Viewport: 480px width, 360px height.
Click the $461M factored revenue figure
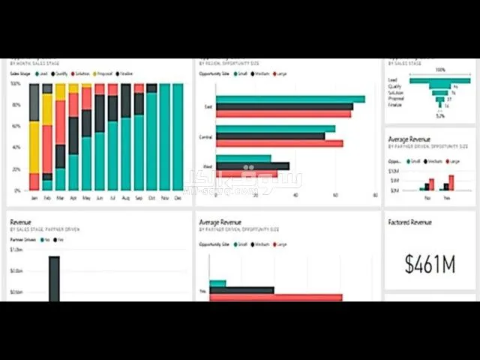pyautogui.click(x=430, y=263)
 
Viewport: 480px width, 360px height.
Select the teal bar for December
pyautogui.click(x=178, y=136)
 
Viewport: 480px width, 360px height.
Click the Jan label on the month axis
pyautogui.click(x=34, y=198)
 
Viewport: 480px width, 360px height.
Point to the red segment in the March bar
pyautogui.click(x=60, y=122)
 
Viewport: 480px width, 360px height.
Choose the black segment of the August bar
pyautogui.click(x=126, y=102)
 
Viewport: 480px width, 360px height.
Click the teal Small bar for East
pyautogui.click(x=289, y=99)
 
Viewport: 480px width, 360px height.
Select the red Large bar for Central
pyautogui.click(x=278, y=143)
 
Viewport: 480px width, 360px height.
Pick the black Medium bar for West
pyautogui.click(x=252, y=166)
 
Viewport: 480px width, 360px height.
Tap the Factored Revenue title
pyautogui.click(x=409, y=222)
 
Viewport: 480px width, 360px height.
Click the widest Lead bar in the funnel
pyautogui.click(x=439, y=79)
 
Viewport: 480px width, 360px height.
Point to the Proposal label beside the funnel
pyautogui.click(x=394, y=98)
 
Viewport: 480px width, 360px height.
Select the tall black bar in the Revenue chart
pyautogui.click(x=54, y=277)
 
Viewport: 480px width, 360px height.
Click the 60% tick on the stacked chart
pyautogui.click(x=16, y=126)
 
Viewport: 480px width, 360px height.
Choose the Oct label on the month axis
pyautogui.click(x=151, y=198)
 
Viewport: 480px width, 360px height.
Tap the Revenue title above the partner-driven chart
pyautogui.click(x=20, y=222)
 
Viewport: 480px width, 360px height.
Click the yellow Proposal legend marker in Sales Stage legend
pyautogui.click(x=94, y=73)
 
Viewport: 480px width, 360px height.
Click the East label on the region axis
pyautogui.click(x=208, y=106)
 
